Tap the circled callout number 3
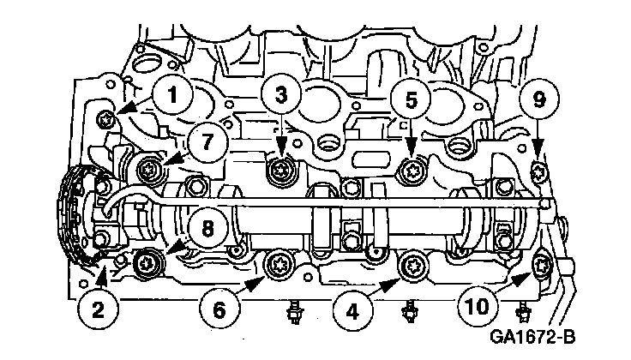click(283, 93)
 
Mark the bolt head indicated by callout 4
click(412, 263)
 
